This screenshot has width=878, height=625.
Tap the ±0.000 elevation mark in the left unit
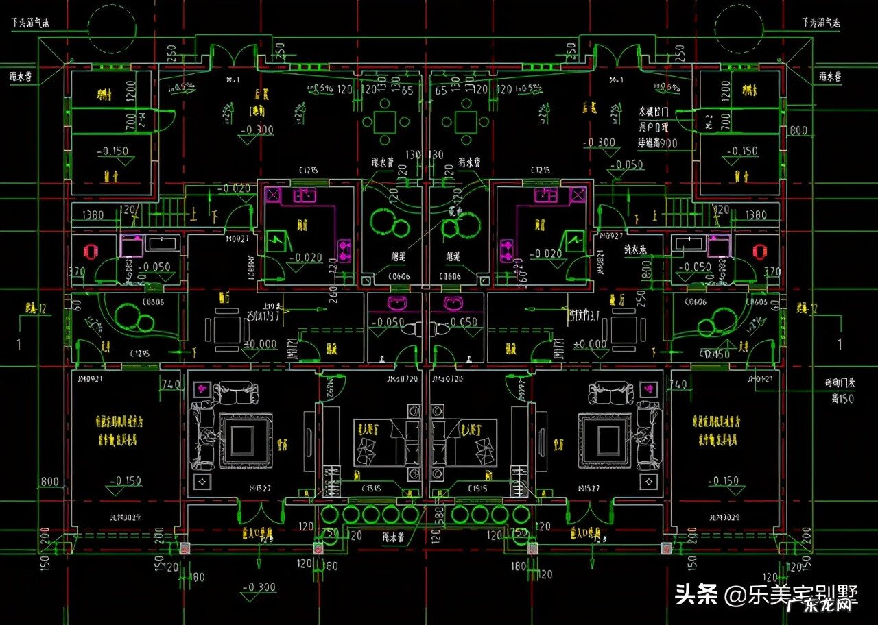pos(261,345)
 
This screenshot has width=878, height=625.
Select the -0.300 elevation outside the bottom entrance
pos(259,587)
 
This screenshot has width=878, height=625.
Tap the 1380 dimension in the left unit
pos(93,215)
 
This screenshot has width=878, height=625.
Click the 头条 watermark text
pos(696,594)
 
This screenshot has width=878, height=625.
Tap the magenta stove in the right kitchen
pos(507,249)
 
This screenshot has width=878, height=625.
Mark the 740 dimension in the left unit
pos(169,384)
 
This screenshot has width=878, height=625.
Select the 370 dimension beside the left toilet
pos(78,272)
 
